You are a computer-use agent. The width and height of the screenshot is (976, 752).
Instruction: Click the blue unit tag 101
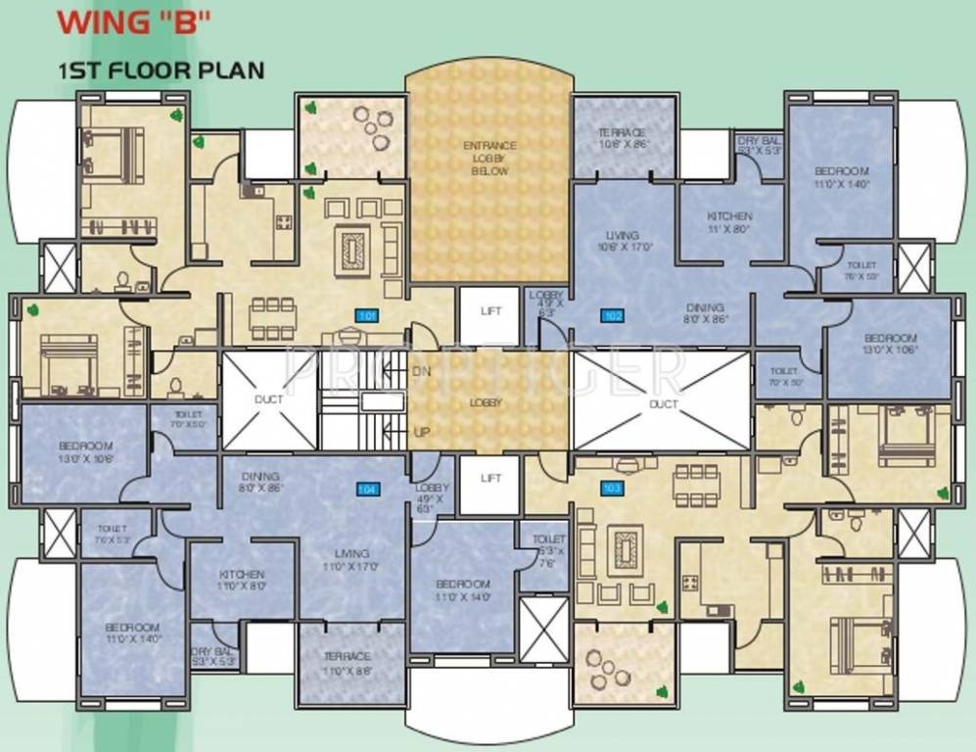(366, 315)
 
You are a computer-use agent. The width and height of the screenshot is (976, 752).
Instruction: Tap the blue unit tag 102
(613, 315)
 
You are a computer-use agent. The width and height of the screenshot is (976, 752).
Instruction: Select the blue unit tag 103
(611, 488)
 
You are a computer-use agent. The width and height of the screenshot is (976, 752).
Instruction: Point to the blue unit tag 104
(367, 489)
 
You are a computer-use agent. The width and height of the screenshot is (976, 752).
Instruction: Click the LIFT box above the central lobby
(489, 311)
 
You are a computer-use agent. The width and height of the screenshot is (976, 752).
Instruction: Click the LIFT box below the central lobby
(489, 478)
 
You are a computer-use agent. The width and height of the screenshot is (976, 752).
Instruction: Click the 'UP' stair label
(422, 432)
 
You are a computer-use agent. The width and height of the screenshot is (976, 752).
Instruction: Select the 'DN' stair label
(421, 372)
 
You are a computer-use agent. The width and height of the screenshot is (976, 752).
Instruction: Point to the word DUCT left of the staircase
(268, 399)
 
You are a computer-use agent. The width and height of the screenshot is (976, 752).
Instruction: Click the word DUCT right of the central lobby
(663, 403)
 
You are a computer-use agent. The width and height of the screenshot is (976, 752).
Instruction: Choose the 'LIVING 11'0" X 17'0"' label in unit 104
(351, 559)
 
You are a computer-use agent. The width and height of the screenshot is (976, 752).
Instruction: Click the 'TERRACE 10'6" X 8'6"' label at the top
(623, 138)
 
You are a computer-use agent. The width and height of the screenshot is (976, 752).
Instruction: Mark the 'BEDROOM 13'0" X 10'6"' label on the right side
(890, 343)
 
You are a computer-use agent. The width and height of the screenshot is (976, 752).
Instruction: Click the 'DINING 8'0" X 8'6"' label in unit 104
(259, 482)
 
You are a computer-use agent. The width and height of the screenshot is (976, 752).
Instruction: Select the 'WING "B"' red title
(134, 24)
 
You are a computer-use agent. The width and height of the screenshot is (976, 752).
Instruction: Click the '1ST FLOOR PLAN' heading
(161, 70)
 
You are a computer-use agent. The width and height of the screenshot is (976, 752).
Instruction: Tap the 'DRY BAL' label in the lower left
(212, 655)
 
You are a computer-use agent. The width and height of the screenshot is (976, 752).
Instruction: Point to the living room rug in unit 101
(350, 249)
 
